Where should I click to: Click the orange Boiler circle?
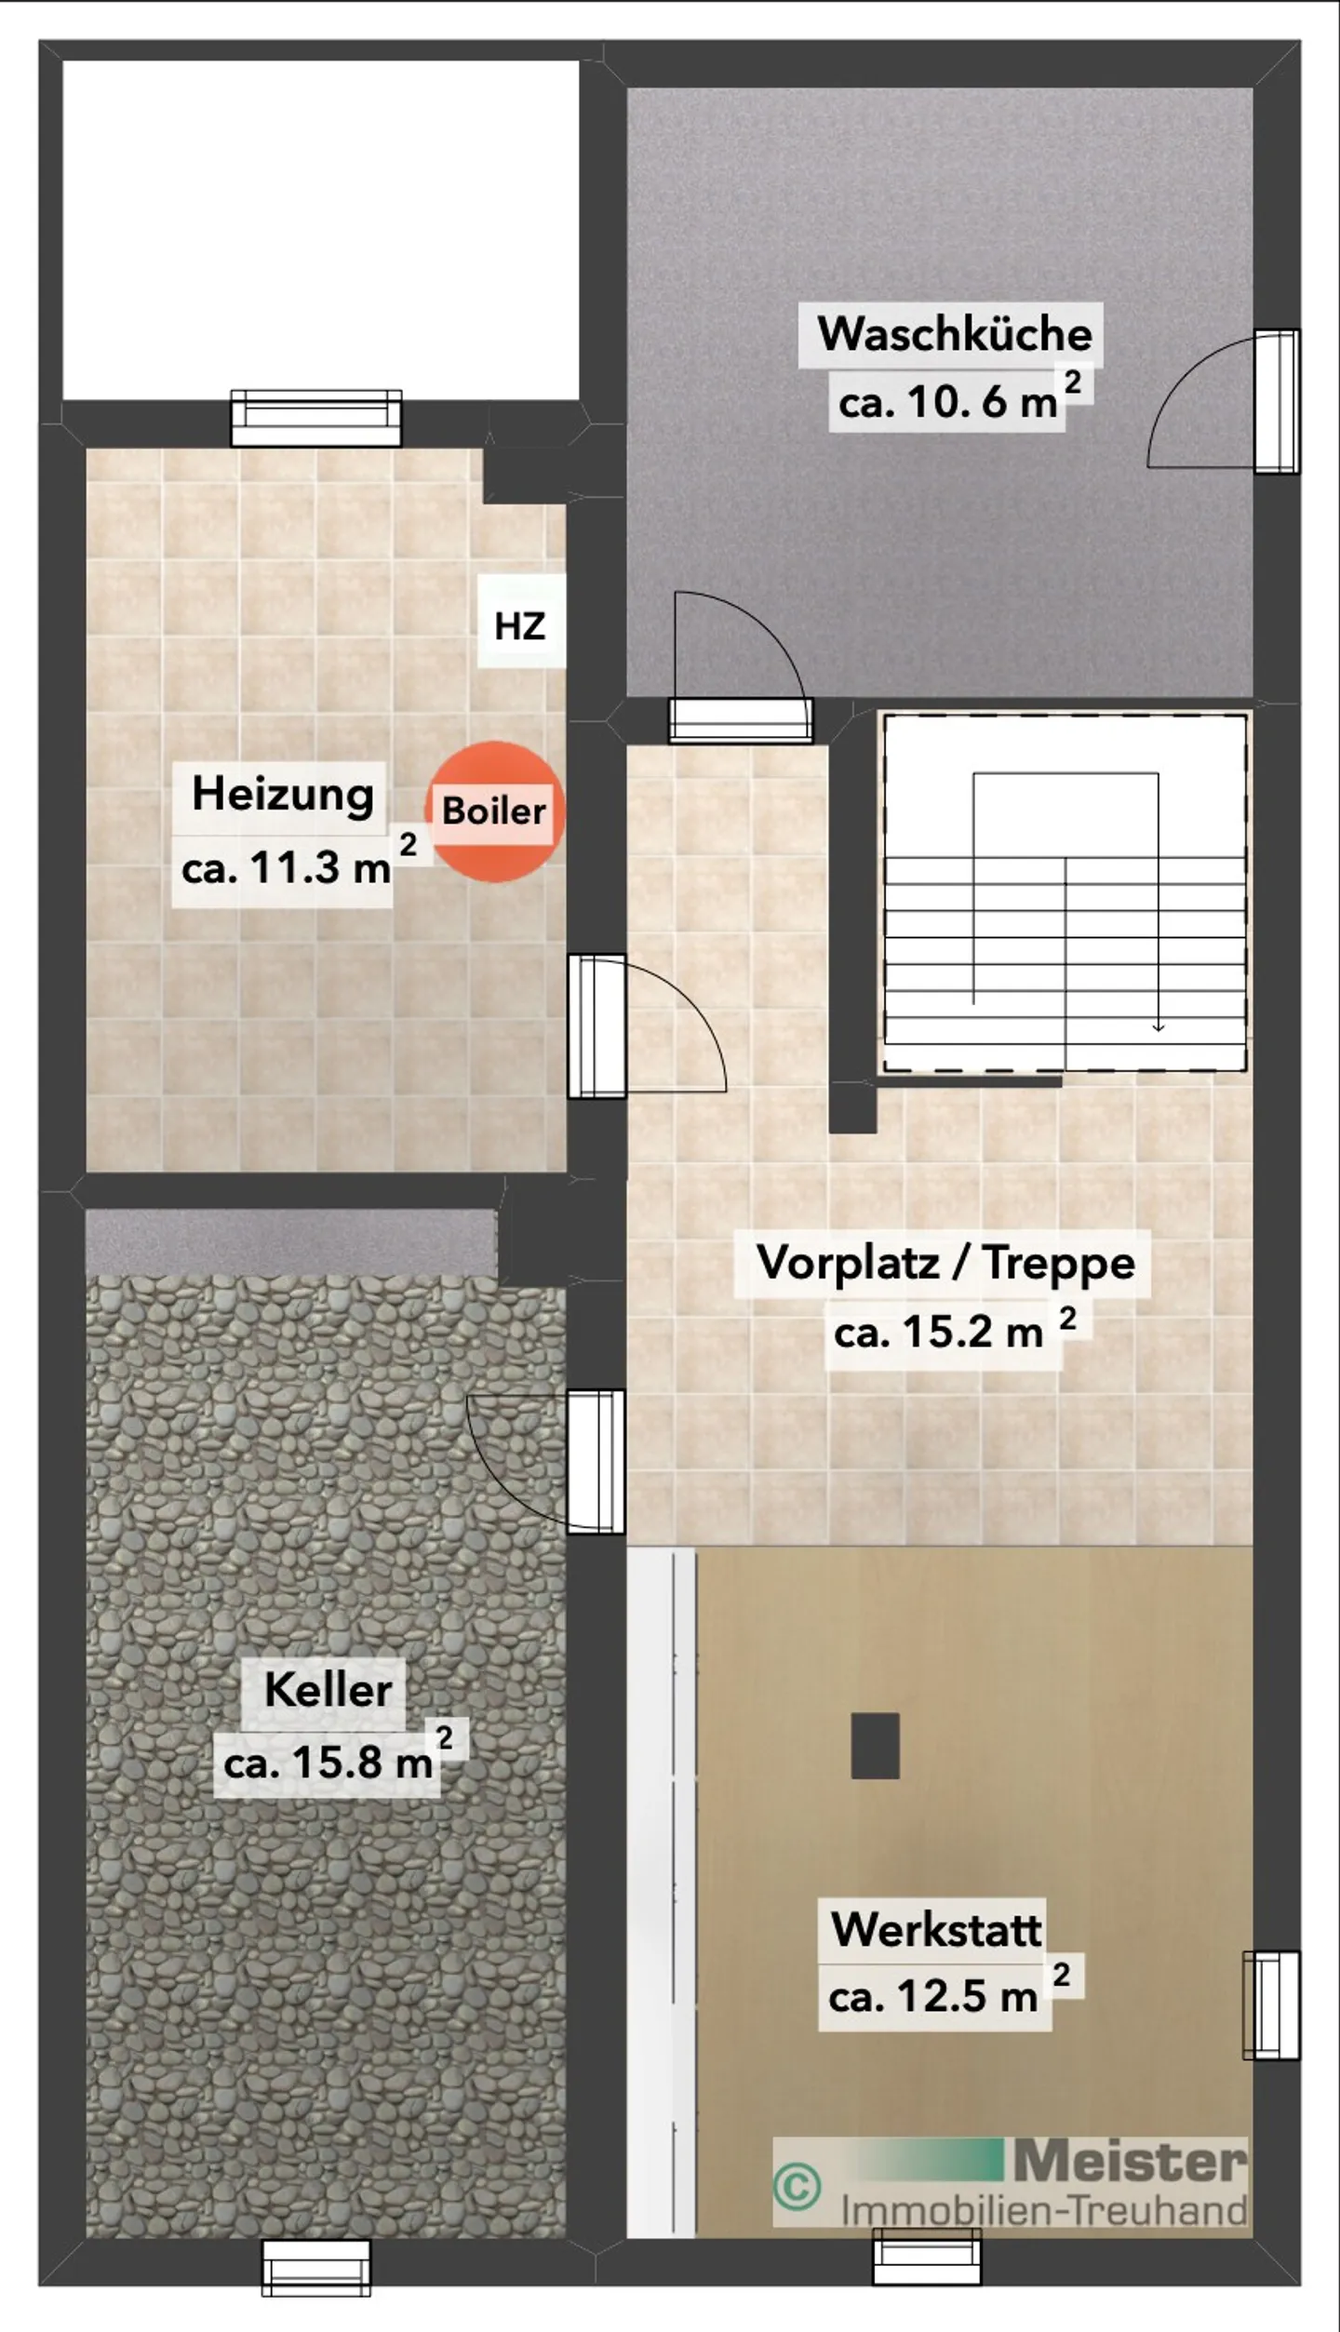pyautogui.click(x=495, y=811)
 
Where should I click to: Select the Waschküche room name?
pyautogui.click(x=954, y=334)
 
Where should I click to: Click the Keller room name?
pyautogui.click(x=328, y=1689)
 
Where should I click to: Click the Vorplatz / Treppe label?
pyautogui.click(x=945, y=1263)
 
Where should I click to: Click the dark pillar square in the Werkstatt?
pyautogui.click(x=875, y=1746)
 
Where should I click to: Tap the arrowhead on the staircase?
pyautogui.click(x=1158, y=1026)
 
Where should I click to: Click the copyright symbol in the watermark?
pyautogui.click(x=797, y=2186)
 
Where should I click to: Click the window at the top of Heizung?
pyautogui.click(x=316, y=418)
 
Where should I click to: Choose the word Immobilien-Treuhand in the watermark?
pyautogui.click(x=1044, y=2211)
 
